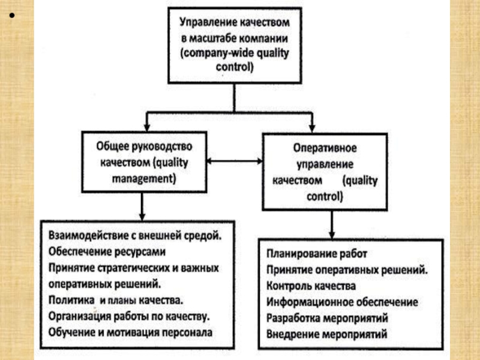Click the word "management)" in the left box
pyautogui.click(x=145, y=178)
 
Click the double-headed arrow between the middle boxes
pyautogui.click(x=235, y=161)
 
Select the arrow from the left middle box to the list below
pyautogui.click(x=142, y=207)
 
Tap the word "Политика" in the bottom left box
pyautogui.click(x=70, y=298)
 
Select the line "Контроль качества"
pyautogui.click(x=312, y=286)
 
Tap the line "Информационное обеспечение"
pyautogui.click(x=343, y=302)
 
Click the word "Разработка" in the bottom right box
pyautogui.click(x=294, y=317)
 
